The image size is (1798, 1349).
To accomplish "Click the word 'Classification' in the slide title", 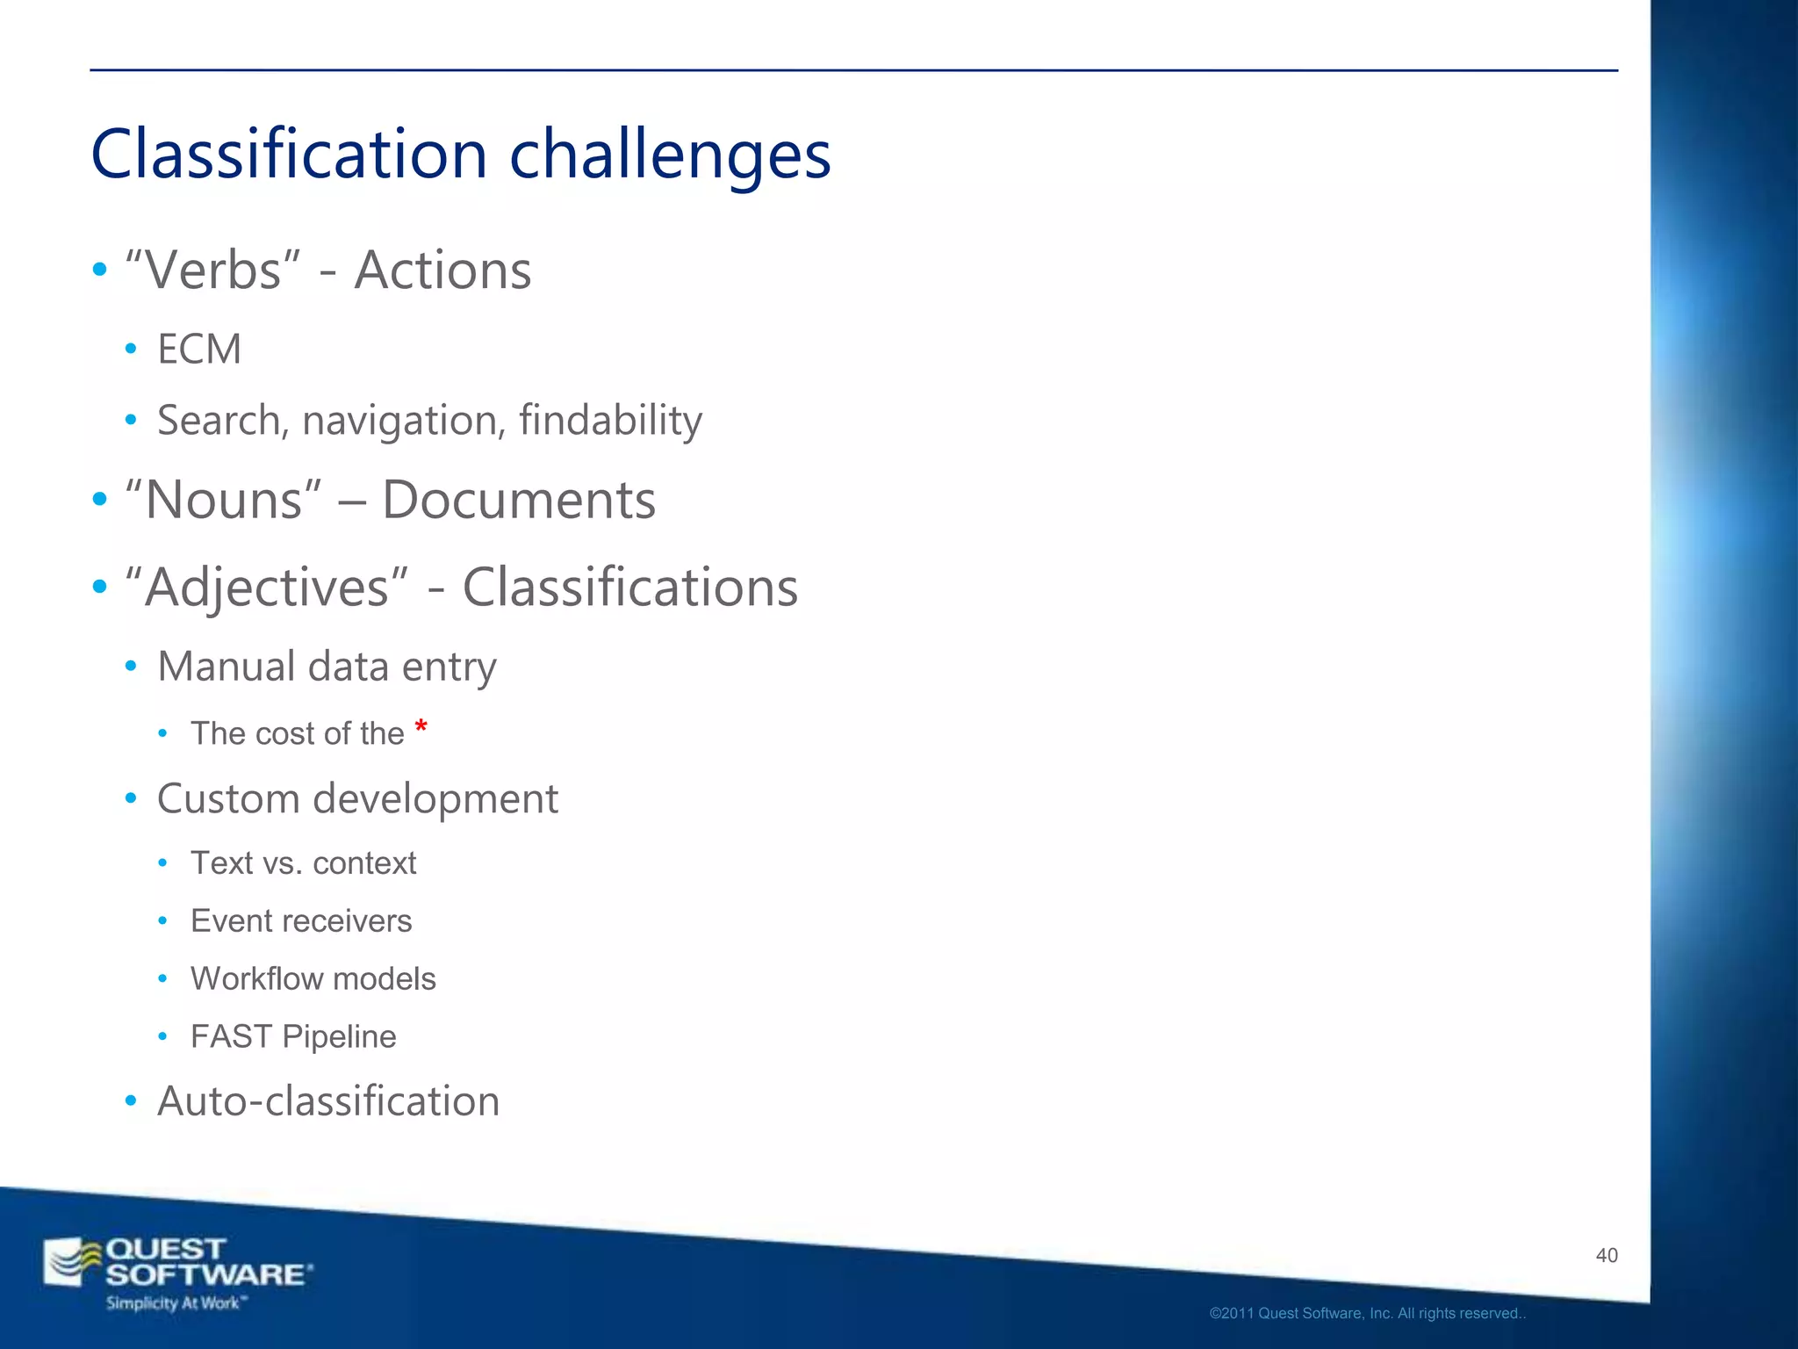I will click(289, 154).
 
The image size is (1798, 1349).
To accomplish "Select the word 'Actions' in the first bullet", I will click(442, 270).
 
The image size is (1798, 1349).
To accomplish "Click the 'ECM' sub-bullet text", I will click(199, 350).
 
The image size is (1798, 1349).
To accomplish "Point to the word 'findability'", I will click(610, 420).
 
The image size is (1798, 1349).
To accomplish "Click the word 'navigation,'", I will click(404, 421).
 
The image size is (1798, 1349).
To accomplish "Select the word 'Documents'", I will click(519, 500).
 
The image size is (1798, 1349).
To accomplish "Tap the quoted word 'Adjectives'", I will click(267, 588).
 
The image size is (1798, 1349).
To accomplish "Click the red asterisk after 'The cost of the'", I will click(421, 727).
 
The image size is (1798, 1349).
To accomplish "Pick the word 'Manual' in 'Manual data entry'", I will click(226, 666).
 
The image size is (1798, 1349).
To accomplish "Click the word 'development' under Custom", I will click(435, 799).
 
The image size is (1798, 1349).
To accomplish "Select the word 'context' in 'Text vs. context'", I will click(364, 863).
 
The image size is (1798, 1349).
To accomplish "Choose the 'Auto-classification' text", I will click(328, 1101).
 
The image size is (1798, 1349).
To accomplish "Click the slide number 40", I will click(1607, 1255).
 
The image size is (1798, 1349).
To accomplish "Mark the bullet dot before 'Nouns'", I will click(100, 500).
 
